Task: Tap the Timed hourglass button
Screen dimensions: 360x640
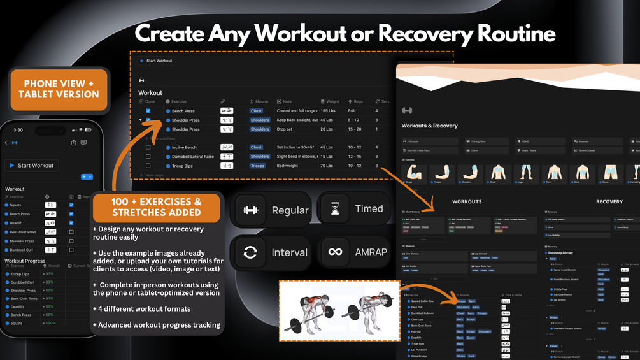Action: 353,209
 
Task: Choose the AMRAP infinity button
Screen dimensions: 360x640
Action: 353,252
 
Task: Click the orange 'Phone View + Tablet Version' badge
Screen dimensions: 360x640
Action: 59,89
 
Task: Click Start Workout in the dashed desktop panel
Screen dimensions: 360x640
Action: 156,61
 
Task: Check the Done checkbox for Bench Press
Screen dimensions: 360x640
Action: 148,111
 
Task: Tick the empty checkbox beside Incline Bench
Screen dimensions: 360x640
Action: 148,147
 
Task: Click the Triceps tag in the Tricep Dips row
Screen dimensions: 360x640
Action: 257,166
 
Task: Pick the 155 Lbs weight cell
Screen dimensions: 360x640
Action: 329,111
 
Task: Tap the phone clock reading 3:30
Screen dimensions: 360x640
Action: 18,130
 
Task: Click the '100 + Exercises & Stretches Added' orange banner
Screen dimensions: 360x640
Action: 157,207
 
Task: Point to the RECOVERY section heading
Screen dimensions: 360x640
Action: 609,201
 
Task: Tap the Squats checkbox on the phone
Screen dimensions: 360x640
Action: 71,205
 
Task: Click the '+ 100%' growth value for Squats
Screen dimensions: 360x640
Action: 49,324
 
